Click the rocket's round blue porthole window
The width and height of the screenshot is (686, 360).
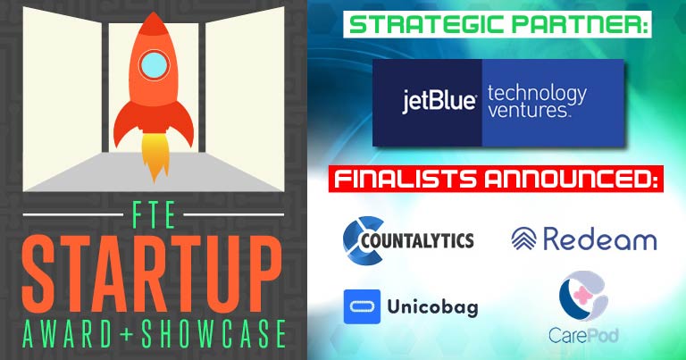[x=154, y=64]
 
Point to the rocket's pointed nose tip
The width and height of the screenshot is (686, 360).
[x=153, y=13]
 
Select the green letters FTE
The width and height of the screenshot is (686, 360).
[x=153, y=214]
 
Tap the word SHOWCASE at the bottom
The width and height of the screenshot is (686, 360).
[x=213, y=334]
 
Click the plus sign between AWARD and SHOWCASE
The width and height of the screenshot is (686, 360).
[x=128, y=335]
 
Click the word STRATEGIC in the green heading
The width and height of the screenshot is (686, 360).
[x=426, y=24]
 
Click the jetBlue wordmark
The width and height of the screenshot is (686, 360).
[x=439, y=102]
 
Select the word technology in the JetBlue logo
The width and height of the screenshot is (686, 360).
[x=537, y=94]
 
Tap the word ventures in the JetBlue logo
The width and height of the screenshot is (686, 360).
[x=528, y=110]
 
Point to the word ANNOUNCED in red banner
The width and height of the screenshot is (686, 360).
[x=571, y=179]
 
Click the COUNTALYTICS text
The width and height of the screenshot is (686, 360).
[x=417, y=240]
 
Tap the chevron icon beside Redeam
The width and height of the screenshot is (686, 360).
[x=523, y=239]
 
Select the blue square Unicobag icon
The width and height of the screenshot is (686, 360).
[x=362, y=306]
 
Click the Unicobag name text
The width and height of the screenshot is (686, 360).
[x=432, y=307]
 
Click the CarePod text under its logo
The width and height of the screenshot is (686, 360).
[x=583, y=336]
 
